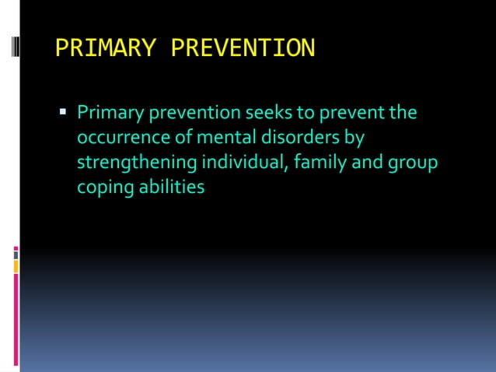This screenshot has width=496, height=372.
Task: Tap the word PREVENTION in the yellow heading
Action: [243, 48]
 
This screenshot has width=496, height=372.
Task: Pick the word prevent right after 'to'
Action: [348, 114]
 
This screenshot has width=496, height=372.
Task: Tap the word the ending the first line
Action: [402, 114]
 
